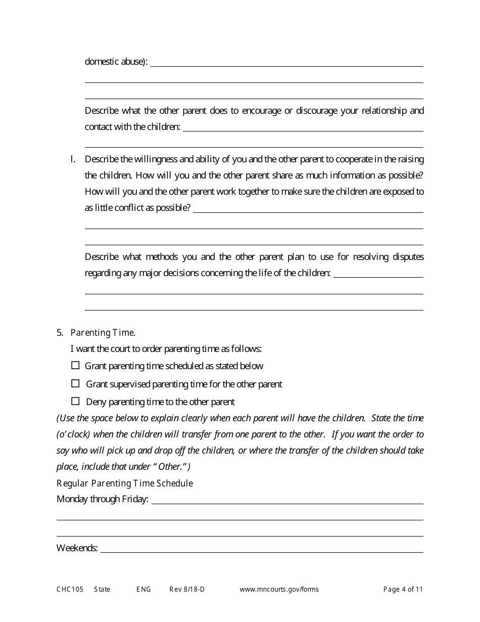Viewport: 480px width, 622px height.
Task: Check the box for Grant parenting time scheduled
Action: (x=75, y=365)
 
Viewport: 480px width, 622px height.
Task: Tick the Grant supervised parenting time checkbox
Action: (x=75, y=383)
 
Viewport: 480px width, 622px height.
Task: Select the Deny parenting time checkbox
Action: (x=75, y=402)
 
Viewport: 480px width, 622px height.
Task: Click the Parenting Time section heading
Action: (x=103, y=332)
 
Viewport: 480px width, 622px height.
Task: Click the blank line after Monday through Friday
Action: (x=287, y=500)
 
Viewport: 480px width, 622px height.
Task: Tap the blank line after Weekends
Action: (x=262, y=548)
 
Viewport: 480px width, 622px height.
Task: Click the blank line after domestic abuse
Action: (x=286, y=62)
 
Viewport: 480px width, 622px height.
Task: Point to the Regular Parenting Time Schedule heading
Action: (x=125, y=483)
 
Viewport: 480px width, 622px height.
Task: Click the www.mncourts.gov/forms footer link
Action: (x=279, y=589)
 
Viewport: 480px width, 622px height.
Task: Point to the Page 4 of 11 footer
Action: (x=403, y=589)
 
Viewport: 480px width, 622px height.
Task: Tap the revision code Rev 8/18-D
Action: (x=187, y=589)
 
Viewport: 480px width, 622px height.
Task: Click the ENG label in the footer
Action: (x=143, y=589)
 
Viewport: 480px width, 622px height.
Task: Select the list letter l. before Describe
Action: (x=73, y=159)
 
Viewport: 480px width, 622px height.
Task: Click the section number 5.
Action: (x=60, y=332)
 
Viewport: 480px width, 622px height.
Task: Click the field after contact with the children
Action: (x=303, y=127)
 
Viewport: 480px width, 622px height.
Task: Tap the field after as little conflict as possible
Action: (x=308, y=208)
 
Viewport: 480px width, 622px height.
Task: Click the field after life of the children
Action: (x=378, y=273)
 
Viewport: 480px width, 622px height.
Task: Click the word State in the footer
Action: (x=102, y=589)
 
